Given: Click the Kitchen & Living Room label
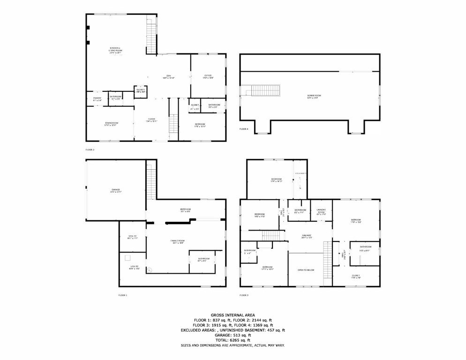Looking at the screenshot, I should pyautogui.click(x=115, y=51).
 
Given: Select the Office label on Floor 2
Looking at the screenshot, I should pyautogui.click(x=208, y=76).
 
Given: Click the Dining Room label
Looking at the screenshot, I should pyautogui.click(x=111, y=124).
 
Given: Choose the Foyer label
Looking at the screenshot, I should pyautogui.click(x=151, y=120).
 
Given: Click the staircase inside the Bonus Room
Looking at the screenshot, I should pyautogui.click(x=266, y=91).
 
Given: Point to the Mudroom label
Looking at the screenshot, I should pyautogui.click(x=185, y=210).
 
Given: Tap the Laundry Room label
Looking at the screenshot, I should pyautogui.click(x=321, y=211).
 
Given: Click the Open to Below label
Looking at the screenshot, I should pyautogui.click(x=305, y=270).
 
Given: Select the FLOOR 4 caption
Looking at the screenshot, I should pyautogui.click(x=244, y=129).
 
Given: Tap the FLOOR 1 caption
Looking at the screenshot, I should pyautogui.click(x=123, y=295).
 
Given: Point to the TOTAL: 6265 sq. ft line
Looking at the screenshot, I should pyautogui.click(x=233, y=340).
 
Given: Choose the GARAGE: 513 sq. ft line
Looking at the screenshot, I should pyautogui.click(x=233, y=335).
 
